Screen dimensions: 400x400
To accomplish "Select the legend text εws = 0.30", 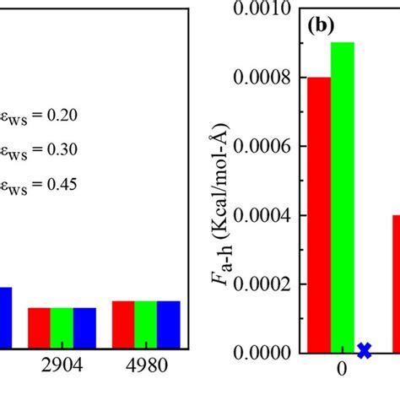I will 39,149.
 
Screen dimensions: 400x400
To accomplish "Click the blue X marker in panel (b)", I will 365,349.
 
